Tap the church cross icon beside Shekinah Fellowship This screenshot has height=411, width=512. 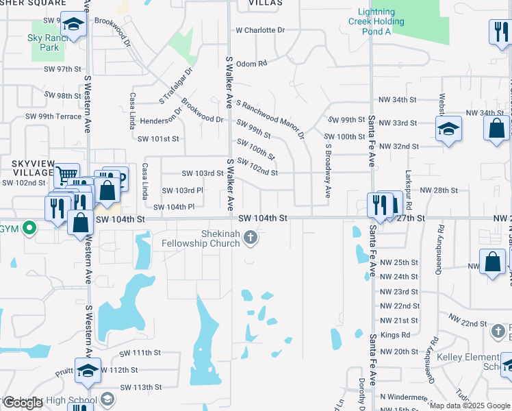251,238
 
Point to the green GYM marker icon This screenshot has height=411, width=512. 29,228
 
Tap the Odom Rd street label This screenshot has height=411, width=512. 251,63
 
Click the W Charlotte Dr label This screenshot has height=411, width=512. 259,30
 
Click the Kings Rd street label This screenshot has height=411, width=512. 395,335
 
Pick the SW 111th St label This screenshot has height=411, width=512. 140,353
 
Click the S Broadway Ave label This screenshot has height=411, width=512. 328,171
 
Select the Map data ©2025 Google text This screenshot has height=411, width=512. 470,406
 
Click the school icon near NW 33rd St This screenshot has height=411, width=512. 448,129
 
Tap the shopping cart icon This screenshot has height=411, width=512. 66,176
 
